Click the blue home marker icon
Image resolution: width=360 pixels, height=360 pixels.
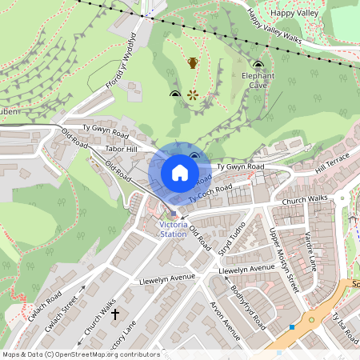(180, 172)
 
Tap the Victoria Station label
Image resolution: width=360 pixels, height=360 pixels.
(173, 230)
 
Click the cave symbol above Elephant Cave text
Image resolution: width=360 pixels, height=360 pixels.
(258, 64)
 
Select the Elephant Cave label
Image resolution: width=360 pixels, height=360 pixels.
(258, 80)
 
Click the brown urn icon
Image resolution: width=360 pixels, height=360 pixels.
(193, 62)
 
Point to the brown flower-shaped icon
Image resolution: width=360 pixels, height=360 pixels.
(193, 95)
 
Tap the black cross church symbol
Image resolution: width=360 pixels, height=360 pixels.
(114, 314)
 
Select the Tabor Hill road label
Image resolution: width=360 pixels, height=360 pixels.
(122, 149)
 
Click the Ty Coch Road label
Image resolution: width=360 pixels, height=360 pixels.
(210, 192)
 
